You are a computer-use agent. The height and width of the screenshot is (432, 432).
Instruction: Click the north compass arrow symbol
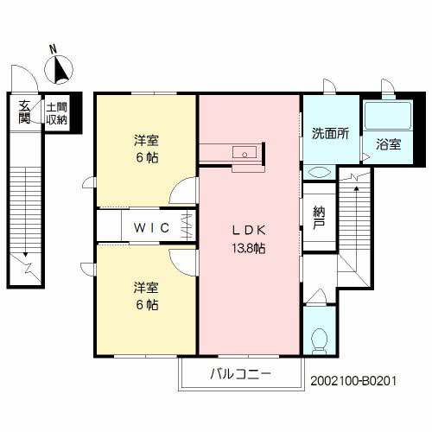[x=60, y=67]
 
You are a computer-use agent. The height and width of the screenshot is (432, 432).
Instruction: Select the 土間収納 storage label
[x=57, y=111]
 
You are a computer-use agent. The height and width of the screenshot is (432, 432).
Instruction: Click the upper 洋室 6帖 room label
[x=146, y=148]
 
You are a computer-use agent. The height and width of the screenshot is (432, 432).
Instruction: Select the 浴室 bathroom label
[x=388, y=144]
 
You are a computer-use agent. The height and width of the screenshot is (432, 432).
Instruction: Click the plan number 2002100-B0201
[x=353, y=379]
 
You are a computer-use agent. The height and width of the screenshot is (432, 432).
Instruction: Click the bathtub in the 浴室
[x=388, y=116]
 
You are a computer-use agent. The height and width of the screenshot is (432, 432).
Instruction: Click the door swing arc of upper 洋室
[x=183, y=191]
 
